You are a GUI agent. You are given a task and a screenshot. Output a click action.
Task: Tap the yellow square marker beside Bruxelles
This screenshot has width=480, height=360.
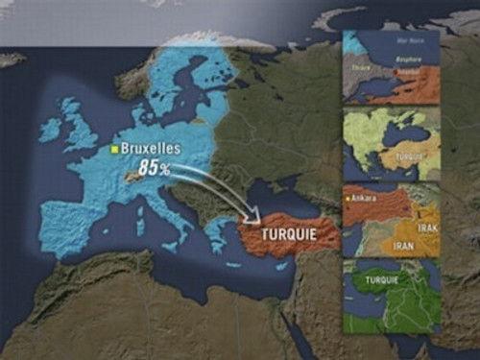(114, 150)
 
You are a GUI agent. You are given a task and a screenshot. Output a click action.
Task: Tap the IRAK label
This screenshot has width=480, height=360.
(429, 228)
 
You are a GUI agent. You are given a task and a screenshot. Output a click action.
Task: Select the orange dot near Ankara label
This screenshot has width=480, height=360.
(348, 199)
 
